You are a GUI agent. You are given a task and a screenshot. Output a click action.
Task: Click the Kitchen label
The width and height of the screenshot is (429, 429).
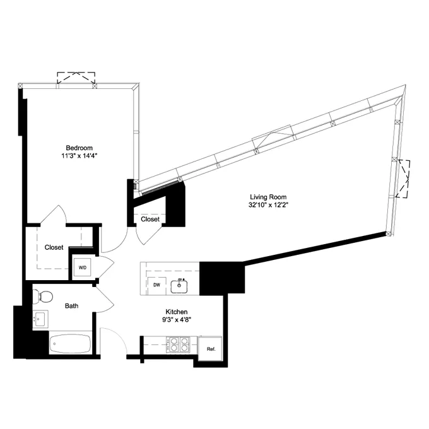pos(177,312)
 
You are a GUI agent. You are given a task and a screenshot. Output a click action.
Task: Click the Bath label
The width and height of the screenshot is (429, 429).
pos(72,306)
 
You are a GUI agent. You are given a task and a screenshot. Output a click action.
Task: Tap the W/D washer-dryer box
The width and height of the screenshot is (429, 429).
pos(83,267)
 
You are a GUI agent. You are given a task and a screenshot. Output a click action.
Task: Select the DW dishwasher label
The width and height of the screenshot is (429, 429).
pos(156,285)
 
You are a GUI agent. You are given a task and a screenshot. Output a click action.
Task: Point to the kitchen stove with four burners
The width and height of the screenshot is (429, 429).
pos(176,344)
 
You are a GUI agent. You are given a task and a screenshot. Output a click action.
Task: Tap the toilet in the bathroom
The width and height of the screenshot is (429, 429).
pos(44,294)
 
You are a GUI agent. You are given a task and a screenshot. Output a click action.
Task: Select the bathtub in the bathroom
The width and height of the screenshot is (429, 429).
pos(69,345)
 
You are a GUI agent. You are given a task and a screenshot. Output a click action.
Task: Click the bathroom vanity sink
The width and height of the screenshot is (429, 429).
pos(41,319)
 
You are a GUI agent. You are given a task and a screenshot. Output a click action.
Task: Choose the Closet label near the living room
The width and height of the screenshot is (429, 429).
pos(150,220)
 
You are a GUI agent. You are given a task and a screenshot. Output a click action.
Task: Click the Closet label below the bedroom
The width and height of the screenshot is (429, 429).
pos(54,247)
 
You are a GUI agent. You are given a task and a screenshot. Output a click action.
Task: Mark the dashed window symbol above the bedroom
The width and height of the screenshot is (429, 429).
pos(76,78)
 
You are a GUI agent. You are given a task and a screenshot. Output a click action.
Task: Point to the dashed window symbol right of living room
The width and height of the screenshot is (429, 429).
pos(405,177)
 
